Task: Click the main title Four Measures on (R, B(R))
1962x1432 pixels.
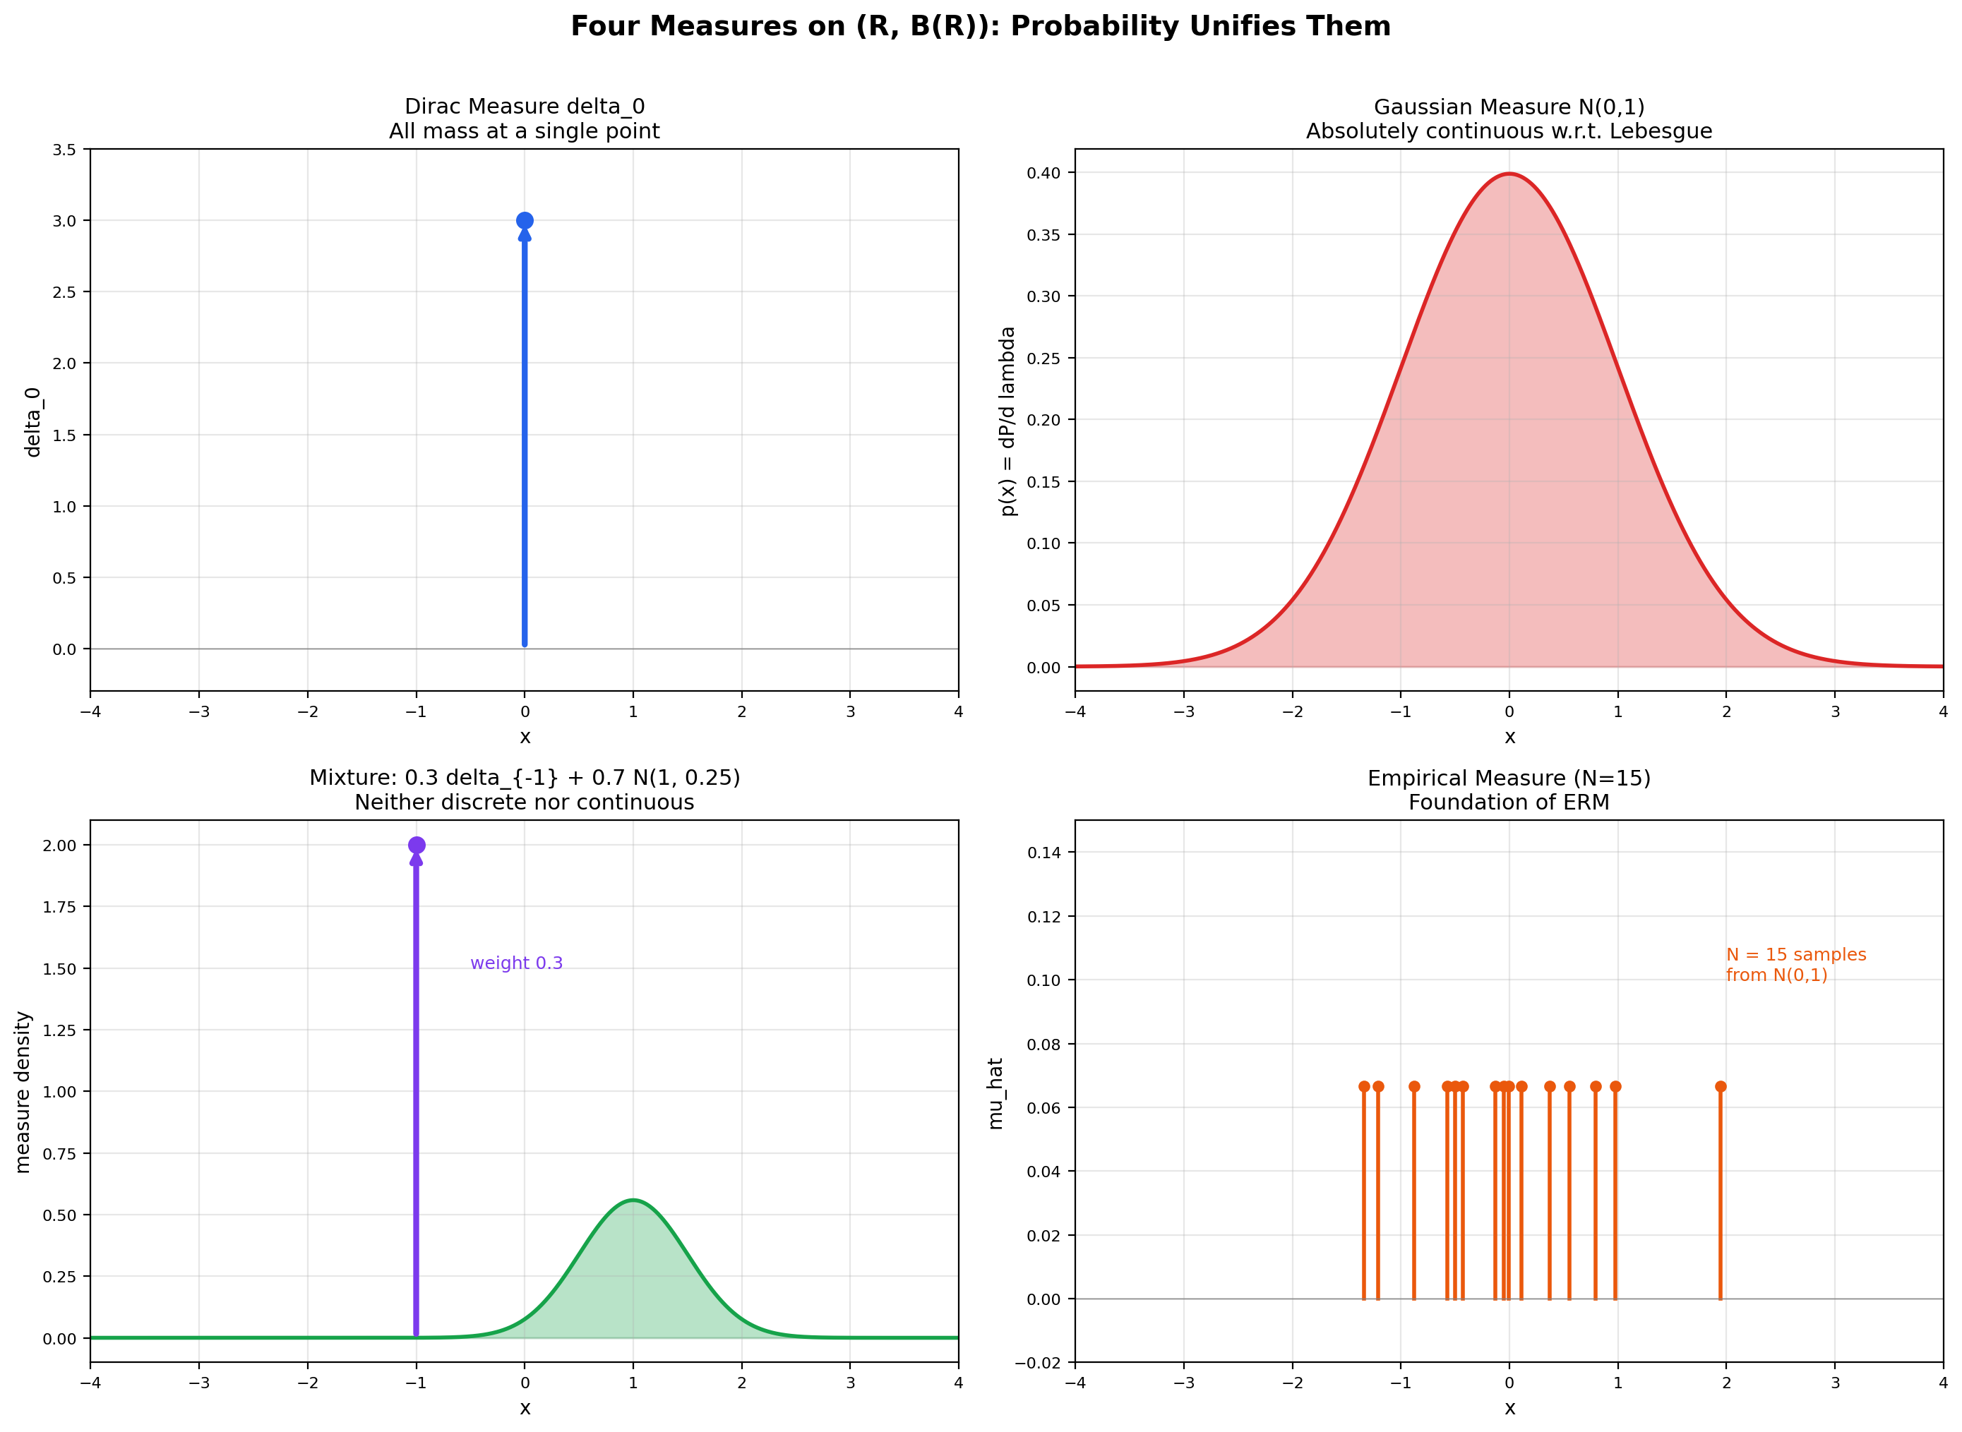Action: (x=980, y=27)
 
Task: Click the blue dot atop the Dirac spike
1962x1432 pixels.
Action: (x=525, y=221)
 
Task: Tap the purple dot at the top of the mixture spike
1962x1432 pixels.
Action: (x=416, y=846)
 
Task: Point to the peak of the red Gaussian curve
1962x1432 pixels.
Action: (x=1509, y=174)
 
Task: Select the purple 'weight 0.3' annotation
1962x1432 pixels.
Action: (x=517, y=963)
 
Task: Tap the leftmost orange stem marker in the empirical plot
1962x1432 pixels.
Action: (x=1365, y=1087)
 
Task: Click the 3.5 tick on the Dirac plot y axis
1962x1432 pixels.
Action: (x=65, y=150)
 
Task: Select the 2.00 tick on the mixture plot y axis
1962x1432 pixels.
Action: (x=60, y=846)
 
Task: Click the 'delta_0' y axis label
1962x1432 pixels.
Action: (x=33, y=422)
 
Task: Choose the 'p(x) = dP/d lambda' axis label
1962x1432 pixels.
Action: (x=1007, y=421)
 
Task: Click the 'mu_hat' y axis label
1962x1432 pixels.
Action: (x=995, y=1093)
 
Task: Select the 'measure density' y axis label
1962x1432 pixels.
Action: (x=23, y=1093)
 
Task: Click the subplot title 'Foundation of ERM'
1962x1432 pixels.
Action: (x=1509, y=802)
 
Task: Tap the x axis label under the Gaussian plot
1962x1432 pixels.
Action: (x=1509, y=738)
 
